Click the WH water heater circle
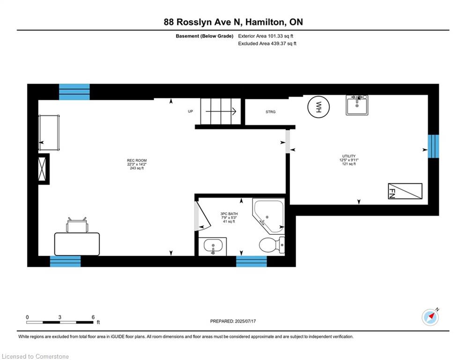[318, 107]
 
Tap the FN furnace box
[405, 191]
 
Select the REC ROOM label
[137, 160]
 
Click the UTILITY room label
[348, 156]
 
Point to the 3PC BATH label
[229, 214]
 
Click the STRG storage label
[270, 112]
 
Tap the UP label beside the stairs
[190, 111]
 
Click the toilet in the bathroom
[272, 245]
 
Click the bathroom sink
[213, 247]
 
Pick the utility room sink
[357, 105]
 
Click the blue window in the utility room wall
[433, 146]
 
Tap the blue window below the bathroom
[251, 261]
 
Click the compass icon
[430, 317]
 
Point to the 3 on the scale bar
[60, 317]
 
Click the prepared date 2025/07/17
[245, 321]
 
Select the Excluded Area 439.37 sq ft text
[267, 44]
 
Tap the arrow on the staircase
[221, 112]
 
